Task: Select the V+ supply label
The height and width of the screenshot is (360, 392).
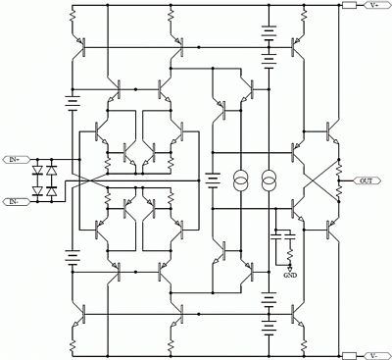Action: (374, 5)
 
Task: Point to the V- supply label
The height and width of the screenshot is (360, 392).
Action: (374, 355)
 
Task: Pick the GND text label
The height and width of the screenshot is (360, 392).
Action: (290, 276)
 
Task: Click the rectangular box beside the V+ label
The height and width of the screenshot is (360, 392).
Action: (349, 5)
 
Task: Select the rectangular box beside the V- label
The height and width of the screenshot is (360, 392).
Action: (349, 355)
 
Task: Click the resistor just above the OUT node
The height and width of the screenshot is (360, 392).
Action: (339, 169)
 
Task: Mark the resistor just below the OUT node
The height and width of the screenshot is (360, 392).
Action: (339, 190)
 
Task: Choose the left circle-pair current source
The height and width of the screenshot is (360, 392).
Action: (241, 180)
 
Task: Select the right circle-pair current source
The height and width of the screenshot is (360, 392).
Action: (269, 180)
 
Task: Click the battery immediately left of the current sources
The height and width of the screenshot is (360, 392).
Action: (213, 180)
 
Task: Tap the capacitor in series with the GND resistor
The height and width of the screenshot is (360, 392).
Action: (290, 236)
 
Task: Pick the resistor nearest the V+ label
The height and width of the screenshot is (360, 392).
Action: (304, 15)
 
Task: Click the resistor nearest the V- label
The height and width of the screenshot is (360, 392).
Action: (304, 344)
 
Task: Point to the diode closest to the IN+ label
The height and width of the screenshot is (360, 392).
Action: (38, 170)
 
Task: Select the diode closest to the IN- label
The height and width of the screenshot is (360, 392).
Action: (38, 190)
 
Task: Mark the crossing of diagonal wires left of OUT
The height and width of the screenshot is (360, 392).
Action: (320, 180)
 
